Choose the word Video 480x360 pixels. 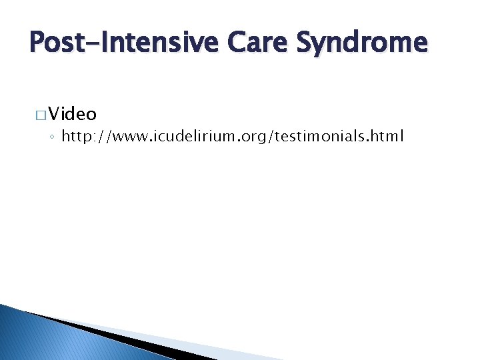[x=72, y=113]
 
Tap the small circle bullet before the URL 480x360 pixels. [x=53, y=138]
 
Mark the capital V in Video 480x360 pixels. [x=54, y=113]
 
